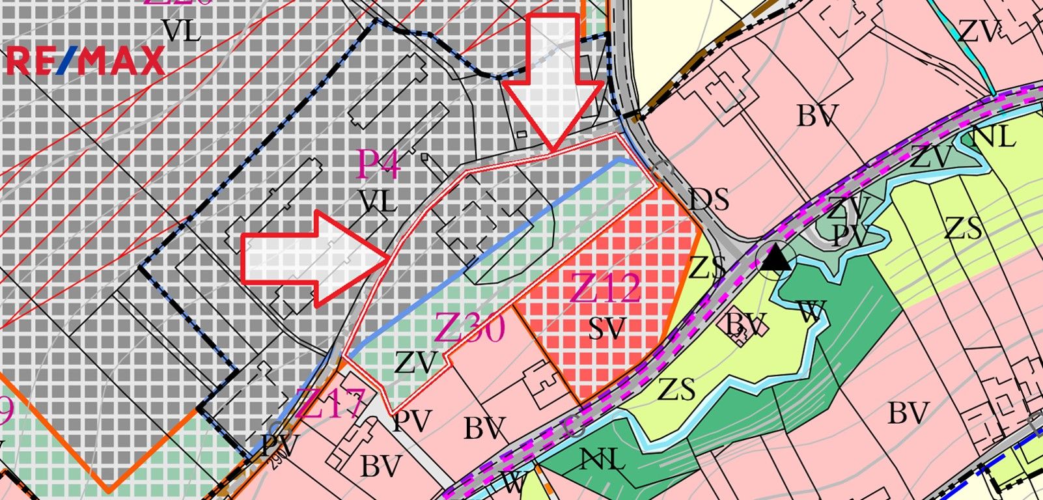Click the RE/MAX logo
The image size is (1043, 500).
click(85, 61)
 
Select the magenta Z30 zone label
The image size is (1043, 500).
click(469, 327)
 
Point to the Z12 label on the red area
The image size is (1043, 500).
click(605, 288)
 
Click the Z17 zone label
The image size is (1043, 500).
click(329, 404)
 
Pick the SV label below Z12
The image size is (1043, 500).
click(607, 329)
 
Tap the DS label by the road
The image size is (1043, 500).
click(709, 199)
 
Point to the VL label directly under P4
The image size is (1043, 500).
click(378, 203)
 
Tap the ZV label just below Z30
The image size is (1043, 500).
click(415, 363)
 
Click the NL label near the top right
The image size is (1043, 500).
click(992, 137)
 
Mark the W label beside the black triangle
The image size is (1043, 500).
click(811, 311)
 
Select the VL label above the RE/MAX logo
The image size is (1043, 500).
click(182, 31)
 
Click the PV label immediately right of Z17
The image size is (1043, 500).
click(412, 421)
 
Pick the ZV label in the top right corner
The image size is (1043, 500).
click(979, 31)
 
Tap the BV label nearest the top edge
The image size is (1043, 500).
click(816, 117)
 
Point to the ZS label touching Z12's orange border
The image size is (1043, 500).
click(707, 268)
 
